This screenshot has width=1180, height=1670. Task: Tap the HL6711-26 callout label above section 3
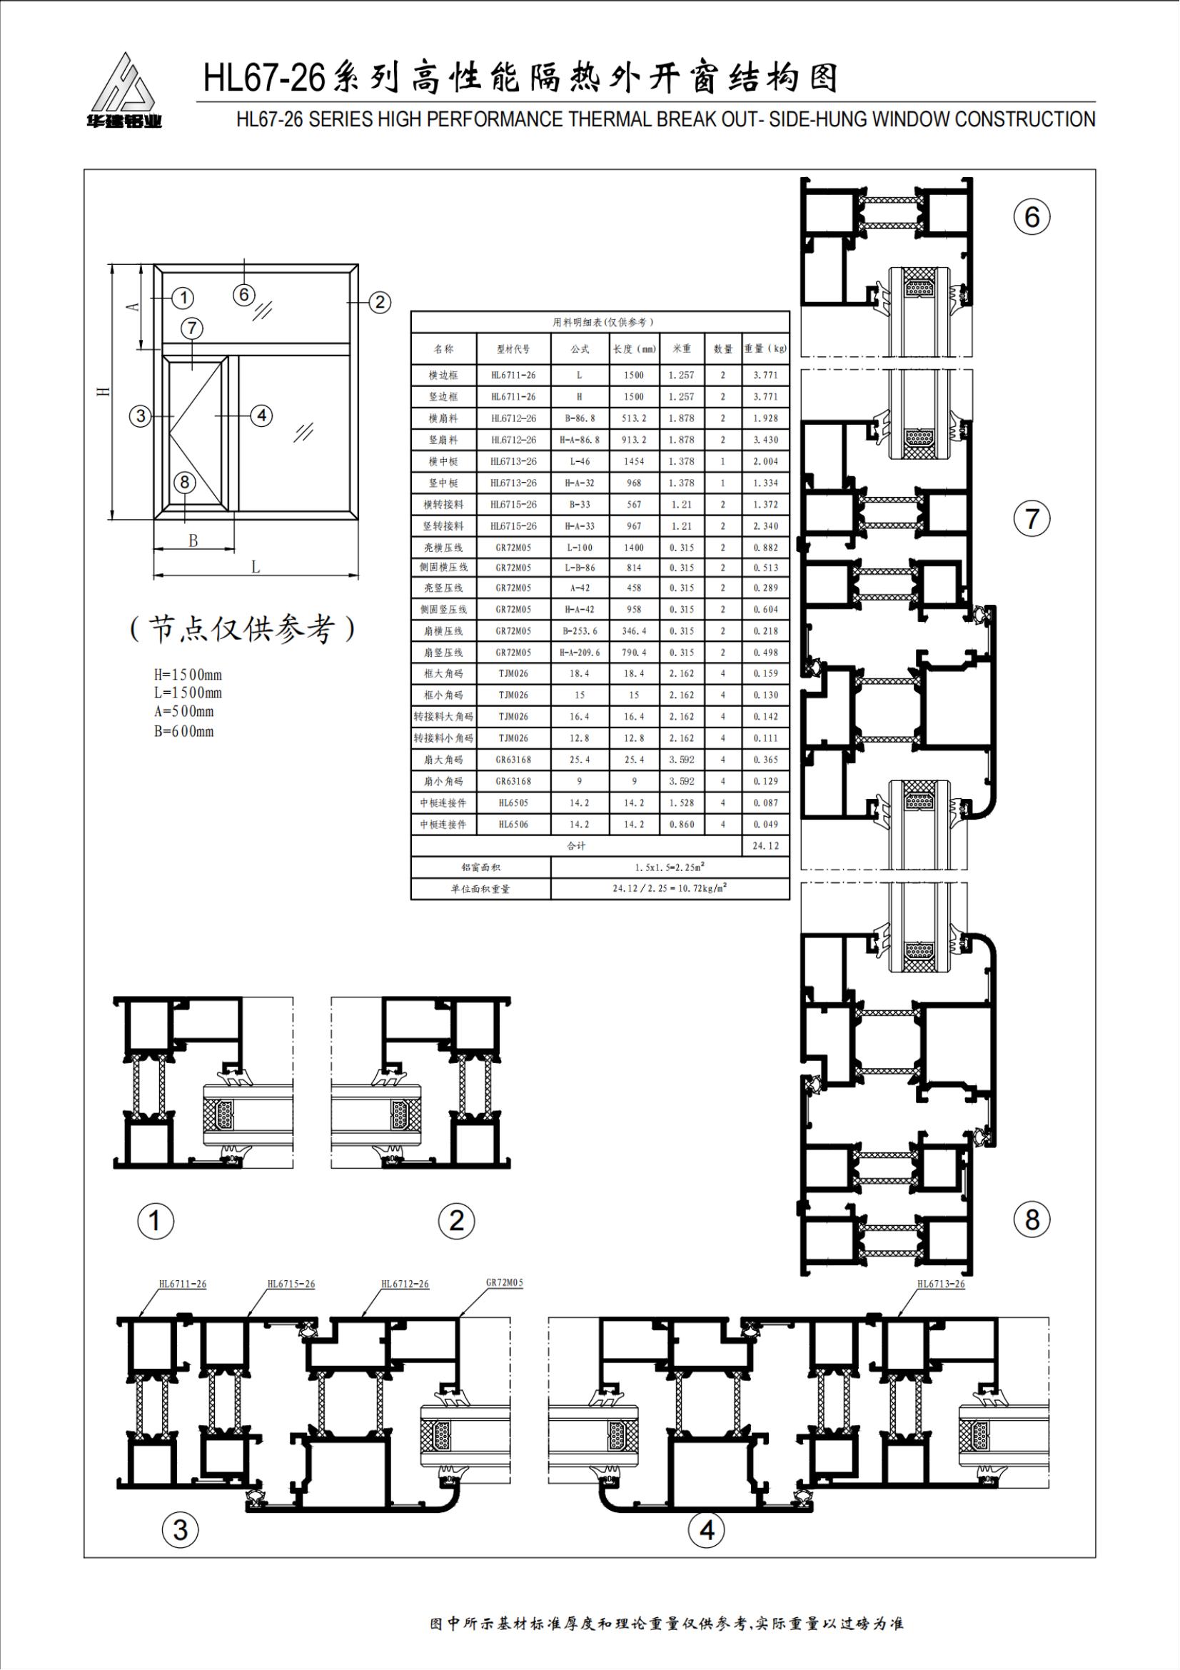pos(183,1284)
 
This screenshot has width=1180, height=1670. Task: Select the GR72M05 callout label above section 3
pos(505,1282)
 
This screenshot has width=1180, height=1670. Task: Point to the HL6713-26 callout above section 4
pos(941,1284)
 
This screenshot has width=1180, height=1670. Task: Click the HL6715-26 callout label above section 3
pos(291,1284)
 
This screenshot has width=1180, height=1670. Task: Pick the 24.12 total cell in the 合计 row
pos(765,845)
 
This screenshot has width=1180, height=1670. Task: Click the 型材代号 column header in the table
pos(513,349)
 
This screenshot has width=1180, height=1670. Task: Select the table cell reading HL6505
pos(513,803)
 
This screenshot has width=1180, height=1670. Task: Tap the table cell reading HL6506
pos(513,824)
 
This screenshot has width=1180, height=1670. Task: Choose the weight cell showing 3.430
pos(765,440)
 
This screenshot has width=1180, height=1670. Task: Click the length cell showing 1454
pos(634,461)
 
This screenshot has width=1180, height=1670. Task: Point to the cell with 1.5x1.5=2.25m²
pos(670,867)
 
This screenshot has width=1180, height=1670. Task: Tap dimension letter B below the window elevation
pos(193,541)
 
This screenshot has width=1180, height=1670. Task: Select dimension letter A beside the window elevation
pos(133,307)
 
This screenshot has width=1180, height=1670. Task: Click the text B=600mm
pos(184,731)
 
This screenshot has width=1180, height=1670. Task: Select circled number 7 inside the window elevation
pos(191,328)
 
